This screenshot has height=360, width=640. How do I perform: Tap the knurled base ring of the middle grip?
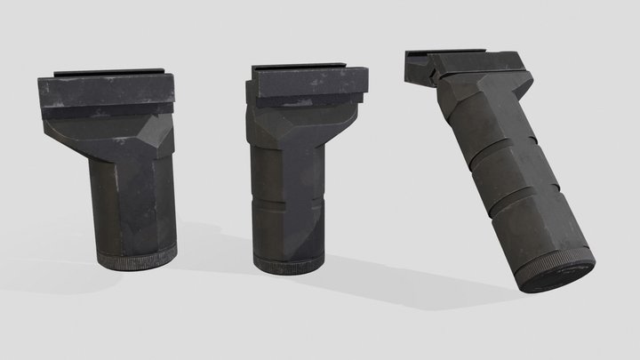point(290,264)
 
